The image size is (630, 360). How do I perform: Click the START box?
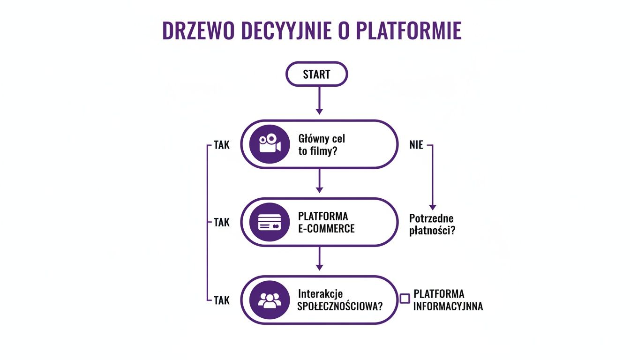click(x=316, y=75)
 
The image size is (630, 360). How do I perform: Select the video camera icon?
click(x=269, y=144)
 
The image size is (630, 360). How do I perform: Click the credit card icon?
click(x=269, y=222)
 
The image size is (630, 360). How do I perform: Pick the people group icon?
click(x=269, y=300)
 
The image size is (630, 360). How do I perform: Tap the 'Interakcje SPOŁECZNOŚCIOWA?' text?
click(x=340, y=300)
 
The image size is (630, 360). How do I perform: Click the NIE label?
click(x=416, y=145)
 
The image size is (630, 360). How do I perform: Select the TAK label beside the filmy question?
click(x=222, y=145)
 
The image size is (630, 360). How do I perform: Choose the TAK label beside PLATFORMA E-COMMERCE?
click(x=222, y=223)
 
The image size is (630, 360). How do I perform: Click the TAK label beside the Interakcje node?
click(x=222, y=300)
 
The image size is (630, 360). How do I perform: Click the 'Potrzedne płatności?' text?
click(x=432, y=224)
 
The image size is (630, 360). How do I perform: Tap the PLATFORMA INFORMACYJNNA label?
click(x=448, y=300)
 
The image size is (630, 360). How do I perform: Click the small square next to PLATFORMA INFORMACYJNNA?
click(x=405, y=299)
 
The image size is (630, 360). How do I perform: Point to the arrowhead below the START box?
click(x=319, y=111)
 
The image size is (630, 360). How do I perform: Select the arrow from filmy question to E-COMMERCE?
click(x=319, y=181)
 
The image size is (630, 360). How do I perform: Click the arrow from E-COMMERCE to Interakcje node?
click(x=319, y=259)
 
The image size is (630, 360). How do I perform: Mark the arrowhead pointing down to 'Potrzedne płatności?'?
click(x=433, y=207)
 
